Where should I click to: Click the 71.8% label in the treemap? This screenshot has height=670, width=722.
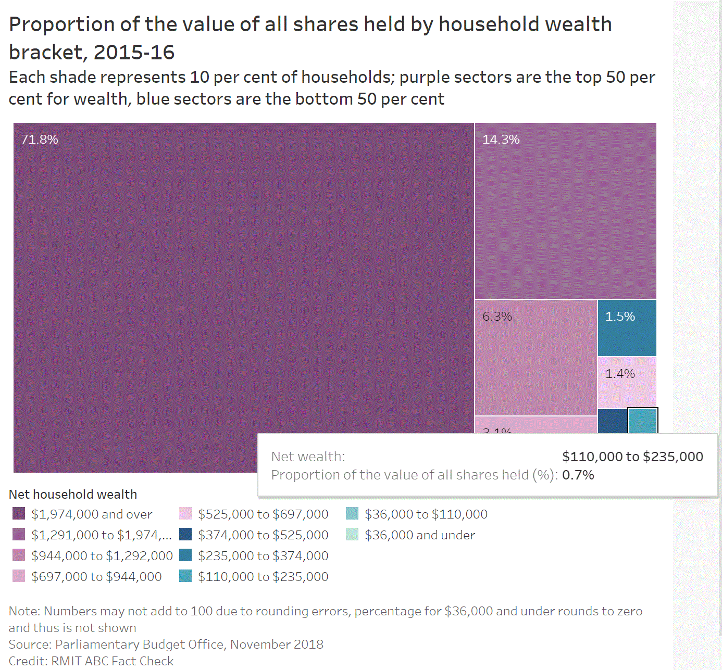click(40, 140)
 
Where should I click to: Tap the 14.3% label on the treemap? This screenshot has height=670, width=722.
click(501, 140)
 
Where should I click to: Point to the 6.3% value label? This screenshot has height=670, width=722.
click(497, 317)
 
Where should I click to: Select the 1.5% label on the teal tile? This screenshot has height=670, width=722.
click(620, 317)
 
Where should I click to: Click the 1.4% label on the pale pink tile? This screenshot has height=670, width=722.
click(620, 374)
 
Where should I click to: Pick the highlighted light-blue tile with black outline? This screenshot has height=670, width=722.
click(643, 421)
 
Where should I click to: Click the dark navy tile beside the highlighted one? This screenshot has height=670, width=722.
click(612, 421)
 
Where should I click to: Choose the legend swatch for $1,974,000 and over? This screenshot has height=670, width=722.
click(19, 514)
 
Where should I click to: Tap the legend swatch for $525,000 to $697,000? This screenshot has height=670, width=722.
click(185, 514)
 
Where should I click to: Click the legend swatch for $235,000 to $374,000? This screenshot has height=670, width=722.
click(185, 555)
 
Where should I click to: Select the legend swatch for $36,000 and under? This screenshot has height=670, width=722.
click(352, 535)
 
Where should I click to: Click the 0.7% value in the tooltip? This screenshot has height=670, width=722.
click(578, 475)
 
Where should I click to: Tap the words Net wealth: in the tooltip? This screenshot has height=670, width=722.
click(308, 457)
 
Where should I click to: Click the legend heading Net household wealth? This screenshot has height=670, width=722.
click(73, 494)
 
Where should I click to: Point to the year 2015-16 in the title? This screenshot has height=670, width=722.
click(134, 52)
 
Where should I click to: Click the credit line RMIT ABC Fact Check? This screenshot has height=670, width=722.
click(112, 661)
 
